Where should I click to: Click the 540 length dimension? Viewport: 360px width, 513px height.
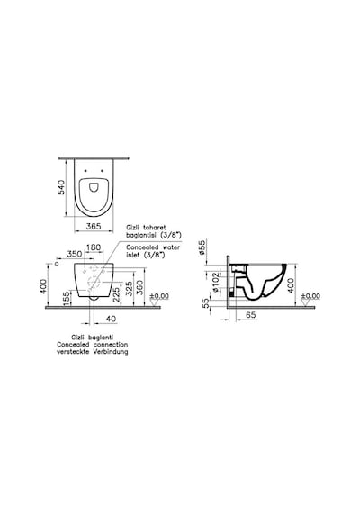[61, 187]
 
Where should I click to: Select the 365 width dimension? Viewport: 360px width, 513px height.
[94, 226]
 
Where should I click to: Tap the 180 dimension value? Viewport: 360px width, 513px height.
[94, 247]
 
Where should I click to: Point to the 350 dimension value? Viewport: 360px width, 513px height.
[75, 254]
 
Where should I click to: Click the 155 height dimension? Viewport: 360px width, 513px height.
[66, 299]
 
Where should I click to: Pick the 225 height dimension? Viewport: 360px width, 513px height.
[117, 295]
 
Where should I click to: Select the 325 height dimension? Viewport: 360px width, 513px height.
[130, 289]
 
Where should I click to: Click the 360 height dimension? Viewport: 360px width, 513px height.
[140, 288]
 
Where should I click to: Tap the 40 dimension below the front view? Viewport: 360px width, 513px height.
[112, 319]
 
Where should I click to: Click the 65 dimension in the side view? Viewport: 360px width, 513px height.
[251, 315]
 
